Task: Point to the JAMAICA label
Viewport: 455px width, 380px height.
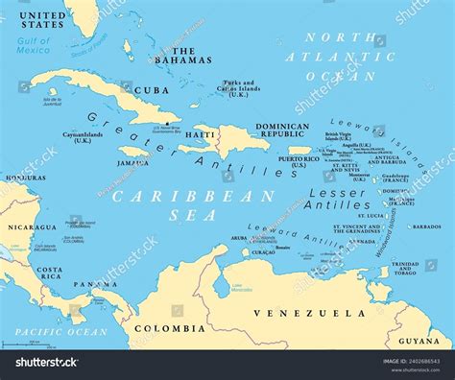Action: click(132, 163)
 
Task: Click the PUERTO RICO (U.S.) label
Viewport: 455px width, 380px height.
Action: click(299, 161)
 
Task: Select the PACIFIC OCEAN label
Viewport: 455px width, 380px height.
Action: click(54, 331)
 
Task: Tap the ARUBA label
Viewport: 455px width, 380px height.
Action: click(241, 237)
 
